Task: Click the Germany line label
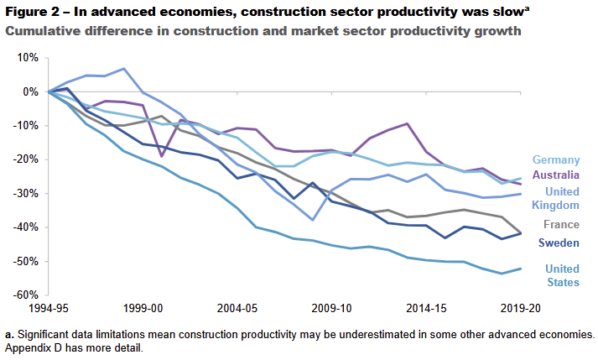point(557,159)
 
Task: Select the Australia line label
point(556,175)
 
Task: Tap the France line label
point(562,224)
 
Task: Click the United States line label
point(562,275)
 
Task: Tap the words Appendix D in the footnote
point(33,347)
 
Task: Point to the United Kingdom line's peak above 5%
point(123,69)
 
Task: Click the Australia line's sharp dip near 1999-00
point(162,156)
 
